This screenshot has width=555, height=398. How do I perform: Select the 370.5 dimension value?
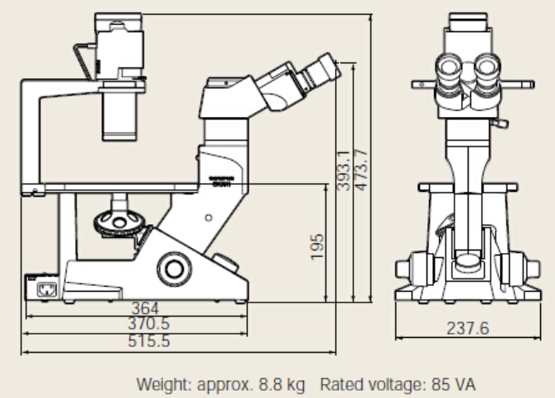(149, 324)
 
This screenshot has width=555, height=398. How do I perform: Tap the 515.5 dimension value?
(149, 340)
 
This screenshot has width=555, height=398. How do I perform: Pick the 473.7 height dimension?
(360, 169)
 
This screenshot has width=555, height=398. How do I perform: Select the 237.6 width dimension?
(468, 328)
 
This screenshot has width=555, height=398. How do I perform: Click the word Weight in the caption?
(161, 384)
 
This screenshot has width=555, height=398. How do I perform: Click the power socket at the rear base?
(44, 288)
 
